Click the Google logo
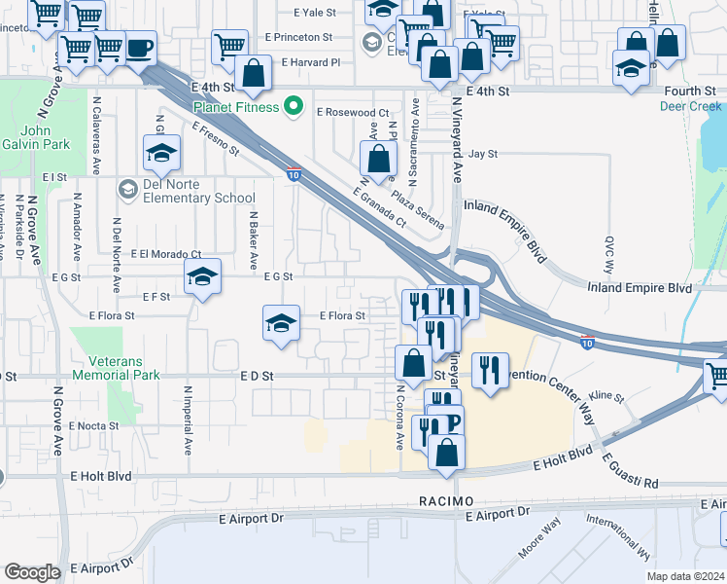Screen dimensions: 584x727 [x=32, y=572]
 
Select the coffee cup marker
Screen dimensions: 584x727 [x=139, y=49]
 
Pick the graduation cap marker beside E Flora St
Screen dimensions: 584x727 [x=280, y=323]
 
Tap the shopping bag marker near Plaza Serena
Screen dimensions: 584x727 [x=379, y=158]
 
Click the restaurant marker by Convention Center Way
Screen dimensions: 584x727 [x=489, y=370]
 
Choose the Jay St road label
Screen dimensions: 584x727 [x=482, y=154]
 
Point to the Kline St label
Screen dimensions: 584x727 [x=605, y=396]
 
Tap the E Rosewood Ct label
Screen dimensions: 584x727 [x=352, y=113]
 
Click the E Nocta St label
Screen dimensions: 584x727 [x=93, y=425]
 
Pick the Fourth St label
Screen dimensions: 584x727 [x=690, y=91]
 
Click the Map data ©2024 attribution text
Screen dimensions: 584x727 [x=685, y=576]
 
